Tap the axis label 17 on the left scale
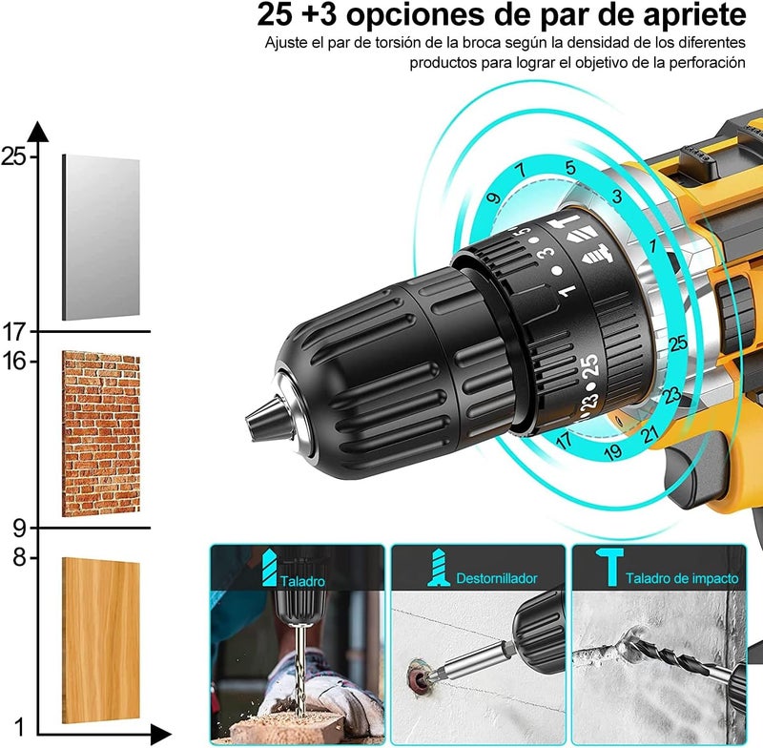13,332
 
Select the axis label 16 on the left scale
13,361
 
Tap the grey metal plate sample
101,237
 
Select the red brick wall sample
101,433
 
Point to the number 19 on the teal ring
613,452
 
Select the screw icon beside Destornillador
439,569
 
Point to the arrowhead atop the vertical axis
38,132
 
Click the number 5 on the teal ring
569,168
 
